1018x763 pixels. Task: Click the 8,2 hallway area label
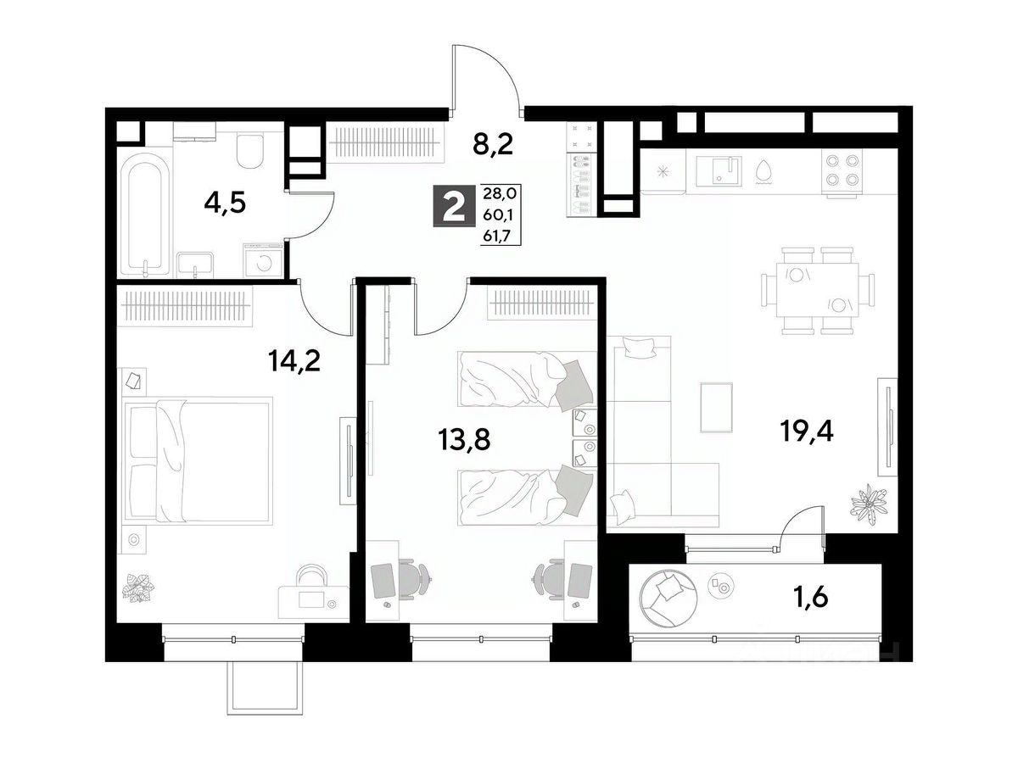(493, 145)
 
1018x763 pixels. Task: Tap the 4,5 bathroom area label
(225, 203)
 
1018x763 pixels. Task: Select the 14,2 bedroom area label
(294, 361)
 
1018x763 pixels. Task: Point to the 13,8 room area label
(464, 440)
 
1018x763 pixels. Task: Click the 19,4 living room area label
(807, 432)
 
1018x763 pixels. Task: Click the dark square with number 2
(455, 206)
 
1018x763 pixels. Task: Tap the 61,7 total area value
(496, 237)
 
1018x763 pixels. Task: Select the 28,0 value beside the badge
(500, 192)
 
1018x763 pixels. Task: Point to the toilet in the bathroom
(250, 151)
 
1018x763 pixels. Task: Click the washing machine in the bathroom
(264, 261)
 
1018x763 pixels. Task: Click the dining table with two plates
(817, 291)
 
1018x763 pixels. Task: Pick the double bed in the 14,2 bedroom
(197, 460)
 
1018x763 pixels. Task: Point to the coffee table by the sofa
(717, 407)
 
